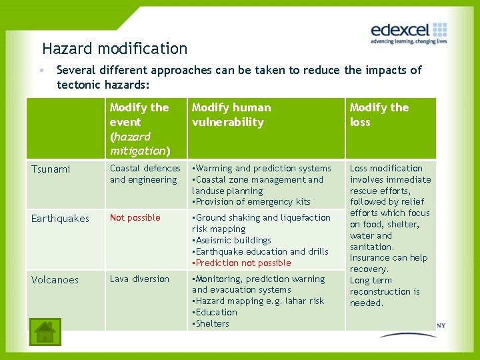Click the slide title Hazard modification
click(115, 49)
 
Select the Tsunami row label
click(51, 169)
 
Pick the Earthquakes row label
click(60, 219)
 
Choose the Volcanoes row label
click(55, 280)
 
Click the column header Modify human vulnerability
click(231, 115)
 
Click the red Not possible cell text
click(135, 218)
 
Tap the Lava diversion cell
click(139, 279)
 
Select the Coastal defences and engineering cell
click(145, 174)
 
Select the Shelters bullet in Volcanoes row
click(211, 324)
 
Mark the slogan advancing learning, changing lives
click(408, 41)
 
